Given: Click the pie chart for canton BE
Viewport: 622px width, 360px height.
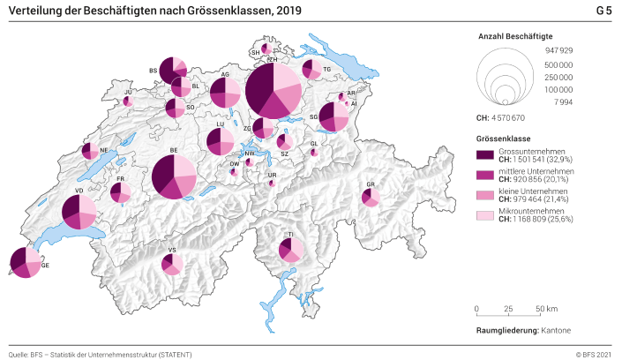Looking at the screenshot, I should click(x=173, y=176).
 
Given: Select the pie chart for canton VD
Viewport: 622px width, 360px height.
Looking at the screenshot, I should click(x=79, y=212).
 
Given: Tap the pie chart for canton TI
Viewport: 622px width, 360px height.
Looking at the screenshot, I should click(x=290, y=250).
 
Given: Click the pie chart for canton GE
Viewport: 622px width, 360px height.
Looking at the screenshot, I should click(x=25, y=262).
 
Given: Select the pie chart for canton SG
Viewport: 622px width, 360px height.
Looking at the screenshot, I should click(x=333, y=116).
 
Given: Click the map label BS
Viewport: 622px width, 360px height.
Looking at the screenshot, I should click(x=153, y=70).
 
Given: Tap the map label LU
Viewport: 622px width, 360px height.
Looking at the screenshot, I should click(x=219, y=124).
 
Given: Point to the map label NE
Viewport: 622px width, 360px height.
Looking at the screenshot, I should click(x=104, y=151).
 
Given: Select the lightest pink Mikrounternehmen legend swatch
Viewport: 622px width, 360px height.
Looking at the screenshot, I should click(x=484, y=214).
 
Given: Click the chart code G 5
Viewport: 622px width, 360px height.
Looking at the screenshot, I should click(x=603, y=11).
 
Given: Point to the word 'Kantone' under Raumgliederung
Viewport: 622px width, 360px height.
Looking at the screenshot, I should click(x=556, y=329).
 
